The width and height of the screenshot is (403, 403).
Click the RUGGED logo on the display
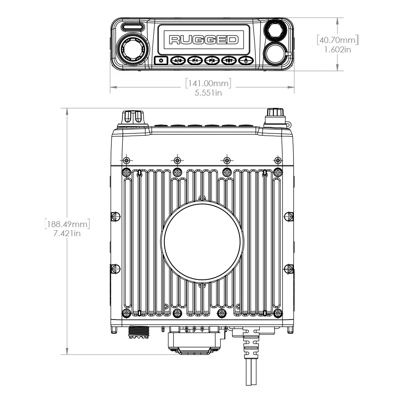(x=203, y=40)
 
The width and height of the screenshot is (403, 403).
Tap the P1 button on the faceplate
(x=195, y=61)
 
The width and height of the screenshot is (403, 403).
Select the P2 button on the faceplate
(x=212, y=61)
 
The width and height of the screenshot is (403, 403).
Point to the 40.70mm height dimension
(x=339, y=40)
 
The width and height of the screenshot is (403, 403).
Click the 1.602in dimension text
(x=338, y=50)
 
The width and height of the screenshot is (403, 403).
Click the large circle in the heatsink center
(x=201, y=242)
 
